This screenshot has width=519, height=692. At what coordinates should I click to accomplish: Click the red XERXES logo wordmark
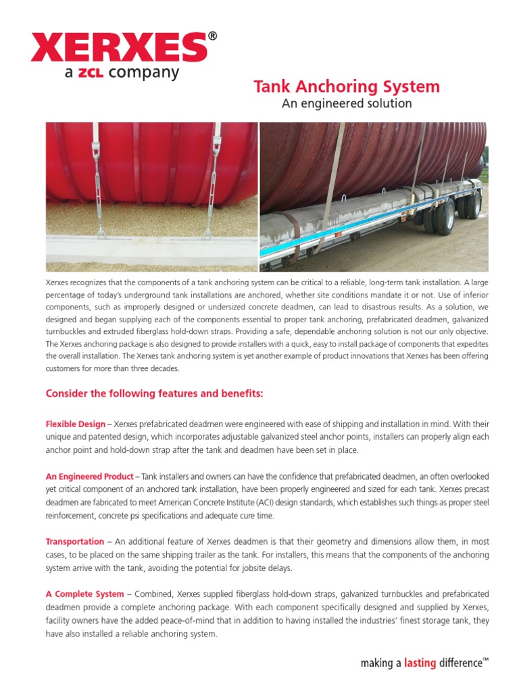click(118, 48)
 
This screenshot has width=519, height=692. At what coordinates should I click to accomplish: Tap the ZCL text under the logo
click(90, 73)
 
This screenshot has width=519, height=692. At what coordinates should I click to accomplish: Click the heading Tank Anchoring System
click(346, 86)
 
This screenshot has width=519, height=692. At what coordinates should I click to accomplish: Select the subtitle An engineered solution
click(346, 103)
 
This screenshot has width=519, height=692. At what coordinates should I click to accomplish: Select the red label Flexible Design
click(75, 424)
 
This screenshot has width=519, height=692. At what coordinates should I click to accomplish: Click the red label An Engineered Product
click(89, 477)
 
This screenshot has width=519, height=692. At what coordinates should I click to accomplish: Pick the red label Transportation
click(74, 541)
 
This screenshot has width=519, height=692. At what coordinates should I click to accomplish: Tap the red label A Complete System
click(84, 594)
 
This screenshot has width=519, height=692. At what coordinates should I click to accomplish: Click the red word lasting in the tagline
click(420, 664)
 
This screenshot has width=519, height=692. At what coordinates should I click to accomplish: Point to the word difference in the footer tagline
click(460, 664)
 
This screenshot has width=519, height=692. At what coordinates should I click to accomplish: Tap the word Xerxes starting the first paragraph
click(57, 280)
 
